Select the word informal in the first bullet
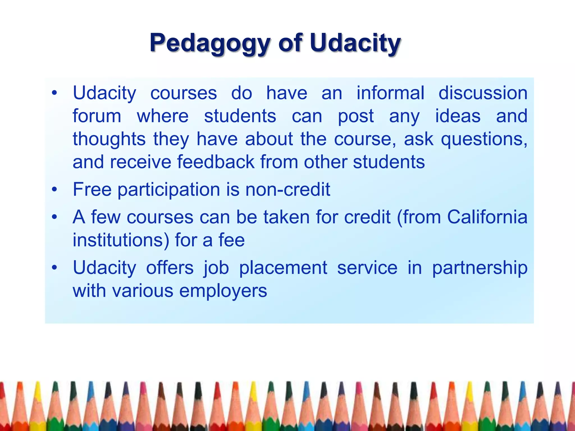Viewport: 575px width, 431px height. click(390, 93)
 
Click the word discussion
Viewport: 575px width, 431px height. click(483, 93)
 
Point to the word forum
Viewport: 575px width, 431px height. click(97, 116)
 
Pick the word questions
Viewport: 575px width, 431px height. click(484, 140)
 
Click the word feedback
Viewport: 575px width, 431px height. click(216, 162)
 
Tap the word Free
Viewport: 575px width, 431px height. click(92, 189)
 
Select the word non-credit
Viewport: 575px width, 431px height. click(287, 189)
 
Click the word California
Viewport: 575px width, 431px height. click(487, 217)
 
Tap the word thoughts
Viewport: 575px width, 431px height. click(109, 140)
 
